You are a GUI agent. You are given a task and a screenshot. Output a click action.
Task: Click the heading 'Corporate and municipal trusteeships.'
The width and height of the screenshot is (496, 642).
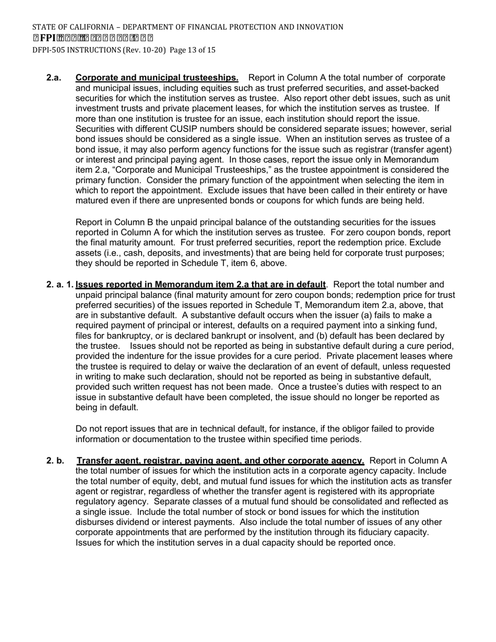pyautogui.click(x=157, y=78)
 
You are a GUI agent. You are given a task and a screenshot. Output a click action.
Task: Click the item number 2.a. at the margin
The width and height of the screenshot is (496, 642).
pyautogui.click(x=54, y=78)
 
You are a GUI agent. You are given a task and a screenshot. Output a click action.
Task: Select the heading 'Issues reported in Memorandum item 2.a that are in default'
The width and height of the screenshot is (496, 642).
pyautogui.click(x=200, y=284)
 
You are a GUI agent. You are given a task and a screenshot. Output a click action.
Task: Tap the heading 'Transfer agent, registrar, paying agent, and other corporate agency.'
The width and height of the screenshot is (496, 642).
pyautogui.click(x=220, y=461)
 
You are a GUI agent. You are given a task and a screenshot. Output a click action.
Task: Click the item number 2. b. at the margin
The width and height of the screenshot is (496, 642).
pyautogui.click(x=55, y=461)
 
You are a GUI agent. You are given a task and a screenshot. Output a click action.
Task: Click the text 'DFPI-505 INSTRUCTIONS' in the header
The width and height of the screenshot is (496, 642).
pyautogui.click(x=76, y=50)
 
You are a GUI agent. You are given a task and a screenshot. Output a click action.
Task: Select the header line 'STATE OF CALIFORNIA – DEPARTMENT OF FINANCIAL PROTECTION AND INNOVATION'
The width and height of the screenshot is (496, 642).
pyautogui.click(x=187, y=27)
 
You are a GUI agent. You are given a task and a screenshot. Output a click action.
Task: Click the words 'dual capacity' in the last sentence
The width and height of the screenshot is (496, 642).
pyautogui.click(x=282, y=542)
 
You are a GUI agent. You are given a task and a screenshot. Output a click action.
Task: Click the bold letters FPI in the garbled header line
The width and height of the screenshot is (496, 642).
pyautogui.click(x=47, y=38)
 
